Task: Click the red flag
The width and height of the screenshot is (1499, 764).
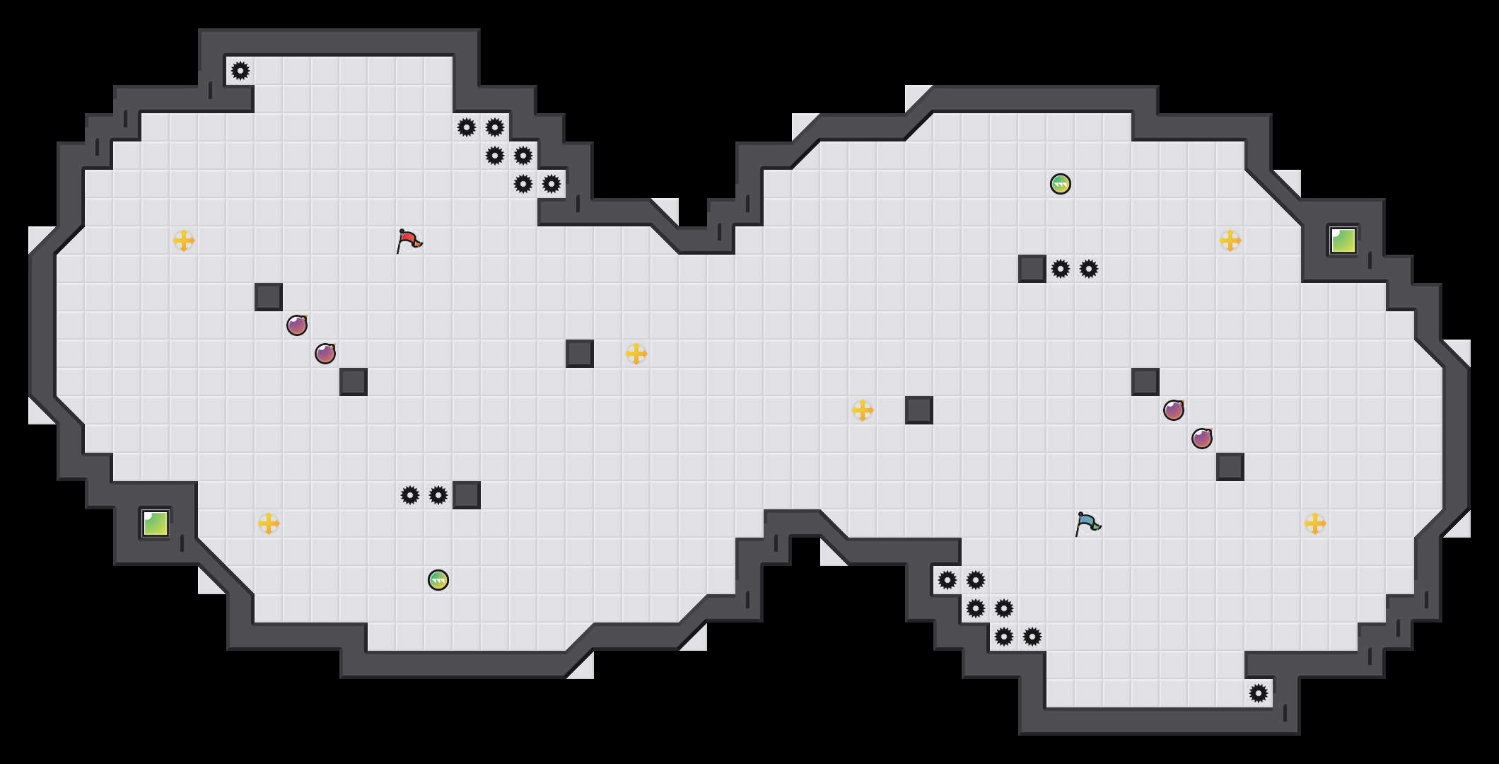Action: point(409,241)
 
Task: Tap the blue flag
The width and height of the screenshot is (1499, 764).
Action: point(1087,523)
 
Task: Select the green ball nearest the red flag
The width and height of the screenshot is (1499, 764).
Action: point(438,580)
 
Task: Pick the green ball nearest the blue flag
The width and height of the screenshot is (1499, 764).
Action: point(1061,184)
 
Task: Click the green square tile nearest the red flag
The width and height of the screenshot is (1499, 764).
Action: point(156,523)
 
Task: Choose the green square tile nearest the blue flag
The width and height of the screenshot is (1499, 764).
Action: point(1343,241)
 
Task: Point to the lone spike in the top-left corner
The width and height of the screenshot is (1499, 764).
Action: point(240,71)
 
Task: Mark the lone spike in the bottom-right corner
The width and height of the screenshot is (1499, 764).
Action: point(1259,693)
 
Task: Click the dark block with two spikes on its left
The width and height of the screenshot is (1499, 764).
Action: point(467,495)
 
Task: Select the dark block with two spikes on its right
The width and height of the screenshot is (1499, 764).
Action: point(1032,269)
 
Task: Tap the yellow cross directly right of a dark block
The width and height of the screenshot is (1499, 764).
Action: point(636,354)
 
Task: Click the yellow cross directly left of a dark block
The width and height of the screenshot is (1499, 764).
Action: point(863,410)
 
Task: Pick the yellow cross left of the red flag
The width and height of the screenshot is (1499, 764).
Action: point(184,241)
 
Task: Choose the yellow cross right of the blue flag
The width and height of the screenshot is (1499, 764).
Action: point(1315,523)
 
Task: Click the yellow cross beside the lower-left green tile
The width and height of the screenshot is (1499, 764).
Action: point(269,523)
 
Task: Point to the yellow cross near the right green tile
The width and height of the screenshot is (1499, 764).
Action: point(1230,241)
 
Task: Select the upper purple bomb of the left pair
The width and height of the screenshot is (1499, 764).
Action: point(297,325)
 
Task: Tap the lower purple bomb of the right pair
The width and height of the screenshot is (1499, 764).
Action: point(1202,439)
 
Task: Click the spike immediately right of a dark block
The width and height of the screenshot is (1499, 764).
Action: point(1061,269)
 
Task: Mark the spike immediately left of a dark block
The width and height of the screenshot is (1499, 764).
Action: point(438,495)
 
